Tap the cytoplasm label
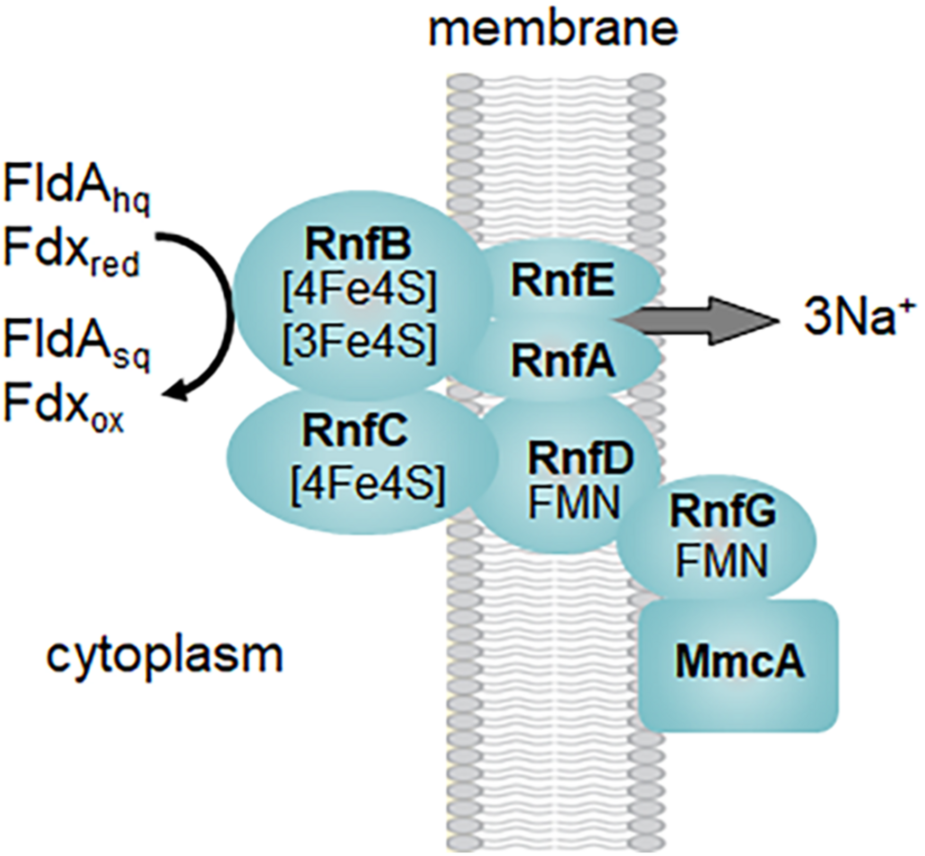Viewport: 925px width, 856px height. [x=165, y=655]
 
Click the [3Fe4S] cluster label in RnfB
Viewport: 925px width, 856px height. [x=359, y=342]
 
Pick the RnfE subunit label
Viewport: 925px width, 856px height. [x=563, y=281]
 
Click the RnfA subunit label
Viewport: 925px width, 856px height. [x=563, y=362]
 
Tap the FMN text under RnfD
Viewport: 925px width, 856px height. [x=573, y=504]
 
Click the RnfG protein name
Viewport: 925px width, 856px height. [x=723, y=511]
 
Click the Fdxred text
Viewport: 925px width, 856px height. [x=71, y=254]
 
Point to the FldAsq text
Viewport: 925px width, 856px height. [x=77, y=343]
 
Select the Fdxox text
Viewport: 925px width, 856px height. [x=63, y=410]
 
